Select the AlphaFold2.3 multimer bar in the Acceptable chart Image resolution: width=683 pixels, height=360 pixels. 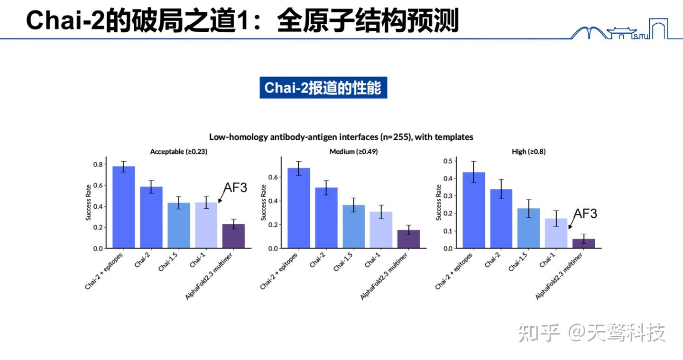pyautogui.click(x=233, y=236)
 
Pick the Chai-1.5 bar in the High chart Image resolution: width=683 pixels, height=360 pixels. pyautogui.click(x=528, y=228)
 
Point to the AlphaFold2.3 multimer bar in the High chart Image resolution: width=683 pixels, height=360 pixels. pyautogui.click(x=583, y=243)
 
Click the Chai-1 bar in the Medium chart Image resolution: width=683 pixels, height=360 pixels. pyautogui.click(x=381, y=230)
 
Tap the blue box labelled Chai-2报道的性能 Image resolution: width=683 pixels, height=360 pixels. pyautogui.click(x=323, y=88)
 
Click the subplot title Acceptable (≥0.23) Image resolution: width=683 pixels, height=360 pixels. pyautogui.click(x=178, y=152)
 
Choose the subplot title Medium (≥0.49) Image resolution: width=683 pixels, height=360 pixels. pyautogui.click(x=353, y=152)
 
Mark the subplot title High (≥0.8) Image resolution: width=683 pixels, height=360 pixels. pyautogui.click(x=529, y=152)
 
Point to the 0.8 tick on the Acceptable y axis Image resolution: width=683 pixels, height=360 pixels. pyautogui.click(x=98, y=165)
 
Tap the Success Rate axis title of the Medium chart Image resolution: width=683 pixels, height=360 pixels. pyautogui.click(x=264, y=203)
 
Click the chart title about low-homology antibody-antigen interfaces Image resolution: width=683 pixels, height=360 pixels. pyautogui.click(x=341, y=137)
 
